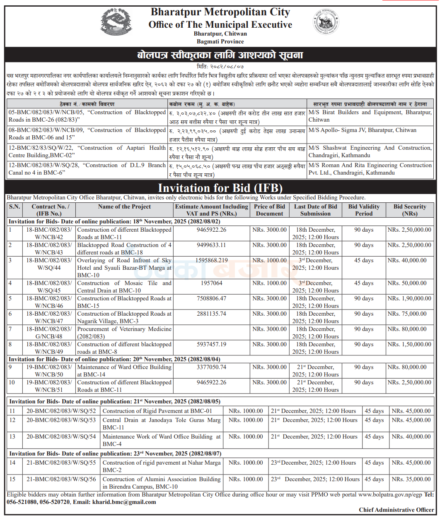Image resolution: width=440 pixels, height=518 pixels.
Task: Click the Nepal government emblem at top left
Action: tap(116, 23)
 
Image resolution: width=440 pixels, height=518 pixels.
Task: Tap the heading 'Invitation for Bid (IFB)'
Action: tap(220, 188)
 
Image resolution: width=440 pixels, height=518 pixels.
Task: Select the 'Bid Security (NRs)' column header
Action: tap(410, 210)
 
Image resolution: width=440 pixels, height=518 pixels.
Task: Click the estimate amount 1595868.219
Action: tap(211, 260)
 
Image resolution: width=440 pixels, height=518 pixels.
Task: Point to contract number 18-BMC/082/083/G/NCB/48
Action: tap(49, 333)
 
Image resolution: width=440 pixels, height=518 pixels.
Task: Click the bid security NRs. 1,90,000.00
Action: tap(409, 298)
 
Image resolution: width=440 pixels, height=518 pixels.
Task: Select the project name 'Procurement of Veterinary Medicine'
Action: tap(124, 333)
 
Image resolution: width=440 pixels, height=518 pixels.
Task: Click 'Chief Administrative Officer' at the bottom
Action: tap(396, 510)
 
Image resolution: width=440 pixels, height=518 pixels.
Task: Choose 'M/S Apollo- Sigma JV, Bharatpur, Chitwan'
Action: tap(363, 130)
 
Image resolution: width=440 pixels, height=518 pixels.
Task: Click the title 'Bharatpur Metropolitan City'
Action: tap(220, 12)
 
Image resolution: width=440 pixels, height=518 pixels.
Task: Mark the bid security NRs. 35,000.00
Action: tap(411, 479)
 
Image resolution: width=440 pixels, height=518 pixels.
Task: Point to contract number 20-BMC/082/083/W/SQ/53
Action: tap(61, 420)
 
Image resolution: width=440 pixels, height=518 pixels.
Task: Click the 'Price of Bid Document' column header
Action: tap(269, 210)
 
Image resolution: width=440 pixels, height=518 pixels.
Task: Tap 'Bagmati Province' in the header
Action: tap(220, 41)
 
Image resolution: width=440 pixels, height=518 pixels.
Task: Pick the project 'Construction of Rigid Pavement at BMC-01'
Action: tap(157, 411)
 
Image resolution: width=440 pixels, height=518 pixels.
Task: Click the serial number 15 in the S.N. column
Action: tap(12, 479)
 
